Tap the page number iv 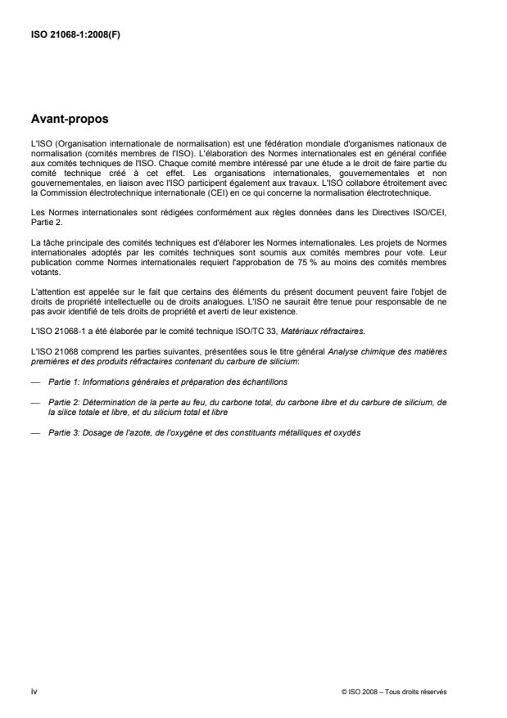tap(33, 691)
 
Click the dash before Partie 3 tap(34, 431)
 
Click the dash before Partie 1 tap(34, 382)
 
